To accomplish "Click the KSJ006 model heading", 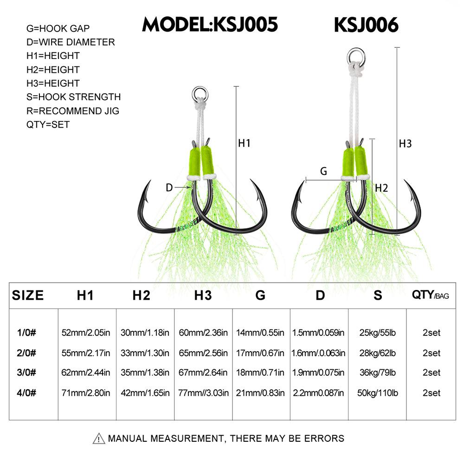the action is [366, 25].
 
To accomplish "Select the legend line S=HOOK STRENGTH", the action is [73, 97].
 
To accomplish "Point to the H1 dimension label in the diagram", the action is [244, 143].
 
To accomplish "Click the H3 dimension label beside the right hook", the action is [406, 144].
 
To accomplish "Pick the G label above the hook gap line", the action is [324, 171].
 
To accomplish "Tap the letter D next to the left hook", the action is [169, 187].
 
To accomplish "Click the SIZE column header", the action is [28, 295].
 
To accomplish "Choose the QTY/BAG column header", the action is [431, 295].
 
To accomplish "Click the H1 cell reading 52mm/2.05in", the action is [86, 333].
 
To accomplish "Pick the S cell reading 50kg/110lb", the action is [378, 393].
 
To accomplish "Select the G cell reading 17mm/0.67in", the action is [261, 353].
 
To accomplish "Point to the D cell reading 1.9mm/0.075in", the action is [318, 373].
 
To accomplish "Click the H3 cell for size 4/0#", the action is [203, 393].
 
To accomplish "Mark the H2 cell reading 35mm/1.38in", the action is [145, 373].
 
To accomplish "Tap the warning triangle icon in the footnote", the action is [99, 438].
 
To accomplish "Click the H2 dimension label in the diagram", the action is [381, 188].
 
